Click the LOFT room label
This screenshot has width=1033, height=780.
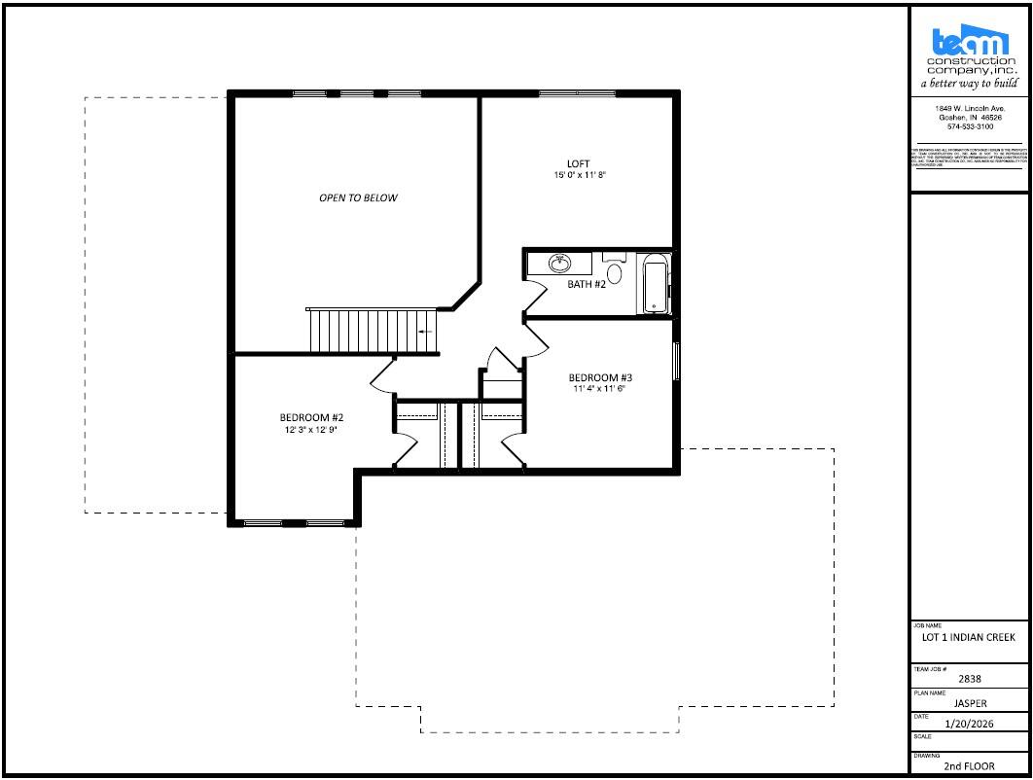click(x=579, y=163)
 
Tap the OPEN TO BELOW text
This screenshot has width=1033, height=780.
click(x=358, y=197)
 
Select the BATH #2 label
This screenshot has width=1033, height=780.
click(x=587, y=284)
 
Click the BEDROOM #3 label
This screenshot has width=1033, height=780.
click(x=601, y=377)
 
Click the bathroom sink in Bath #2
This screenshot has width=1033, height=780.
click(x=559, y=263)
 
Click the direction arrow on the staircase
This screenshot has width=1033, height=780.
click(x=425, y=332)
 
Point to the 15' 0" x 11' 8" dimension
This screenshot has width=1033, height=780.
click(x=579, y=176)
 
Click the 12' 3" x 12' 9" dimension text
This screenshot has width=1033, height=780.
click(x=311, y=429)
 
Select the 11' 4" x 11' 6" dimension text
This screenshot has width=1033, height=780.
click(x=599, y=389)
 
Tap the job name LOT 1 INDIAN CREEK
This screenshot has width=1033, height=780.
click(x=968, y=638)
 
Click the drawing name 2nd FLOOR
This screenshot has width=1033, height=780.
click(x=968, y=766)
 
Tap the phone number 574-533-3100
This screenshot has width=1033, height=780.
click(x=969, y=126)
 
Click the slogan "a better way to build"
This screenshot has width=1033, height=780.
click(x=969, y=84)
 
